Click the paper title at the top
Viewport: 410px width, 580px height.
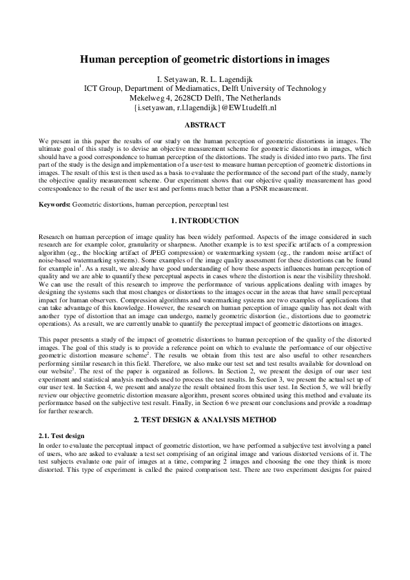pos(205,60)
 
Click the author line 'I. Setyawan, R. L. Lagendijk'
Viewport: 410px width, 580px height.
pos(205,79)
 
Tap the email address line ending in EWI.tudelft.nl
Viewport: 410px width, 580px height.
pos(205,108)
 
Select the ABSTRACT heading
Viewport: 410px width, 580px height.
pos(205,125)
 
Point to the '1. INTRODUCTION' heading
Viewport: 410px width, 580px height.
pos(205,220)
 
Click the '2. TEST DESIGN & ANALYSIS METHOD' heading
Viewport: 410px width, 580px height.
pos(205,400)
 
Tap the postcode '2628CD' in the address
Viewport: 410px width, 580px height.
pos(192,99)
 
